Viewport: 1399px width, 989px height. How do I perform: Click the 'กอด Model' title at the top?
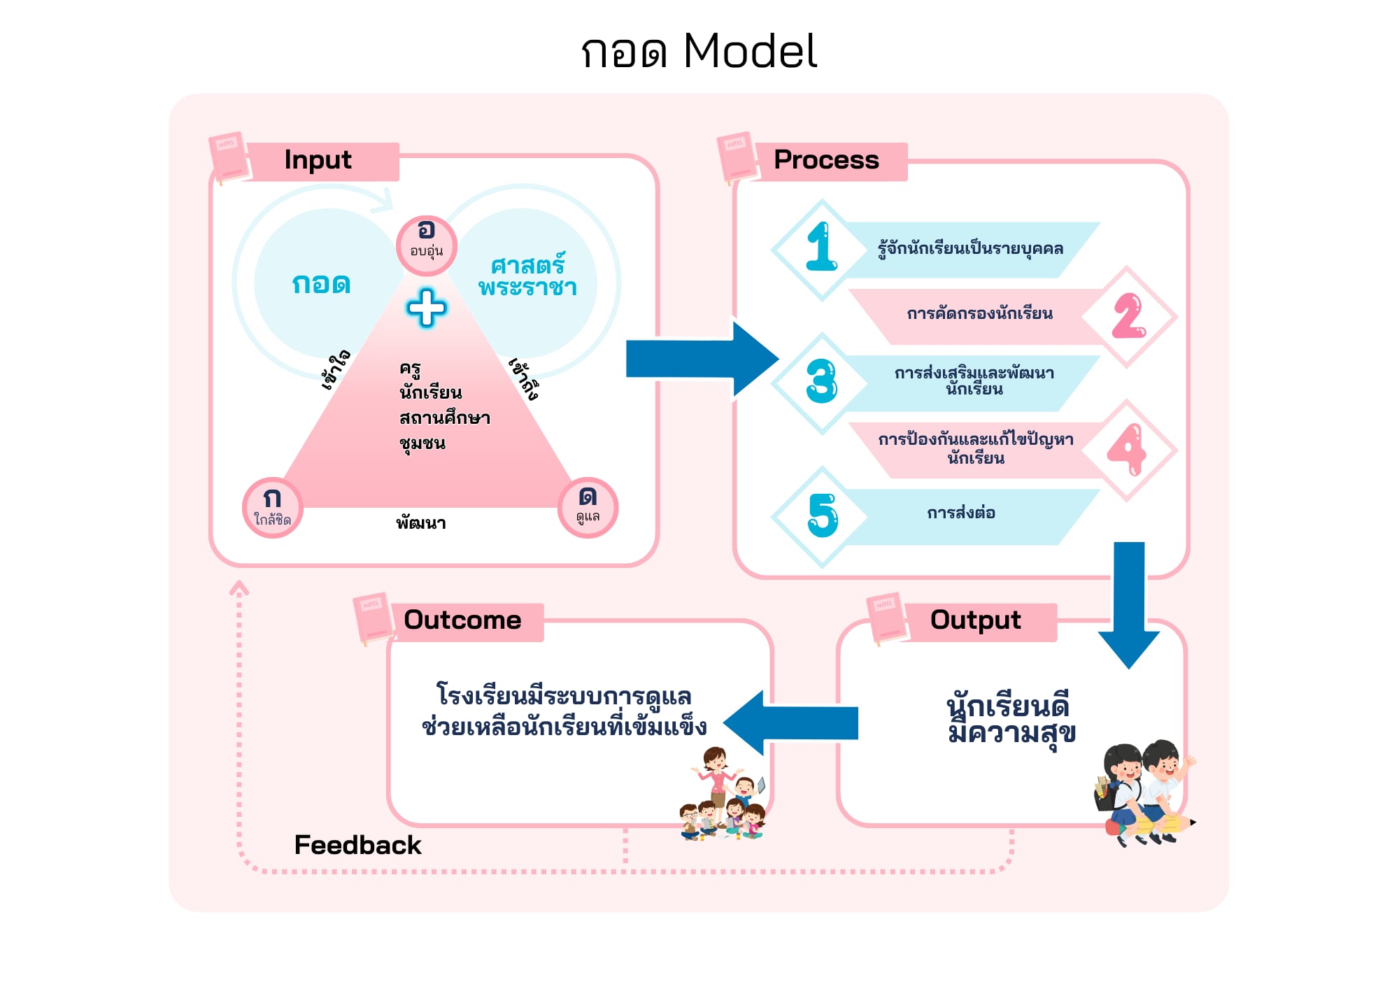(x=699, y=51)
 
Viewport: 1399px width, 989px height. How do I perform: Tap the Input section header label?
(x=318, y=160)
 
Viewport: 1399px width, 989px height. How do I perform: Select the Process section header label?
(x=826, y=160)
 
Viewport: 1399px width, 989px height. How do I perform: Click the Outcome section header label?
(x=462, y=620)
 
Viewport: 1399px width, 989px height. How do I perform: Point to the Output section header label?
(x=975, y=620)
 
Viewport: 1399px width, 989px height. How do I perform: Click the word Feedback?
(x=357, y=845)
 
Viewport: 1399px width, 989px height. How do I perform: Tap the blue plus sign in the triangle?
(x=426, y=308)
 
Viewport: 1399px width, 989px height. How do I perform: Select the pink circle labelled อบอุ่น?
(x=426, y=245)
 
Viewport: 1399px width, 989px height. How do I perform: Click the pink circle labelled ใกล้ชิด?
(x=273, y=507)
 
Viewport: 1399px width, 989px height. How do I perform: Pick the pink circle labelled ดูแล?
(x=588, y=507)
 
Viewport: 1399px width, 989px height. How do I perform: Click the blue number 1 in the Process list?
(x=821, y=247)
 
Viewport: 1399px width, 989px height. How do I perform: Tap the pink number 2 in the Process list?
(x=1128, y=316)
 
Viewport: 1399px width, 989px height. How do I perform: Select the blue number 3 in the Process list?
(x=822, y=381)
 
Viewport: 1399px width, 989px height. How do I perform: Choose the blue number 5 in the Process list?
(x=823, y=515)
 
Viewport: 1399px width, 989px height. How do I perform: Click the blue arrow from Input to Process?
(x=699, y=360)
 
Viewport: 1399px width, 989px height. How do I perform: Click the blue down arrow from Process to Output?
(x=1129, y=602)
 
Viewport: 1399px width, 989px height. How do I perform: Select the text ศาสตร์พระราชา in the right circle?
(x=527, y=276)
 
